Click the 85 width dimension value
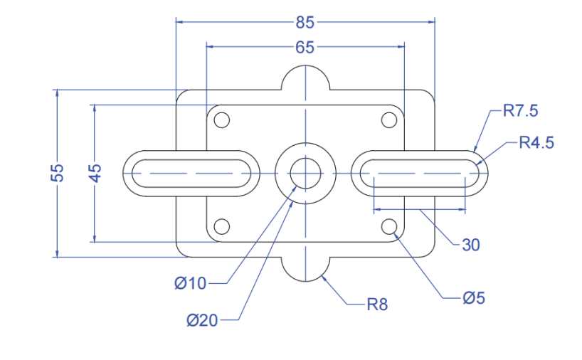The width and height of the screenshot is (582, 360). pyautogui.click(x=305, y=22)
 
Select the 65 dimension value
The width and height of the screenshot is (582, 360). pyautogui.click(x=305, y=48)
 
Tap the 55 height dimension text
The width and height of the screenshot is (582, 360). pyautogui.click(x=58, y=173)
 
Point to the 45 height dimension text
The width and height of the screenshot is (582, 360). pyautogui.click(x=95, y=173)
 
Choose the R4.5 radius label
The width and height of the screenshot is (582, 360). pyautogui.click(x=536, y=142)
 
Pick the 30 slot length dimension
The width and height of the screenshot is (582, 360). pyautogui.click(x=471, y=245)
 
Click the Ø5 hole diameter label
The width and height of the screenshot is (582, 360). pyautogui.click(x=473, y=298)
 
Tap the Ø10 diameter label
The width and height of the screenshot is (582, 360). pyautogui.click(x=190, y=283)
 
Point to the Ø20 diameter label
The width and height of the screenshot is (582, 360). pyautogui.click(x=202, y=321)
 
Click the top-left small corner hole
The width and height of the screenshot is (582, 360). pyautogui.click(x=222, y=120)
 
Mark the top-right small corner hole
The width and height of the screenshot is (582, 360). pyautogui.click(x=388, y=120)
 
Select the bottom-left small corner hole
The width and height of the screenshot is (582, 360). pyautogui.click(x=222, y=226)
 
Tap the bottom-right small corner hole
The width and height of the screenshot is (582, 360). pyautogui.click(x=388, y=226)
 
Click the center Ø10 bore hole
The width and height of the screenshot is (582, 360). pyautogui.click(x=305, y=173)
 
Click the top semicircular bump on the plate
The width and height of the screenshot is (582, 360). pyautogui.click(x=305, y=77)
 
